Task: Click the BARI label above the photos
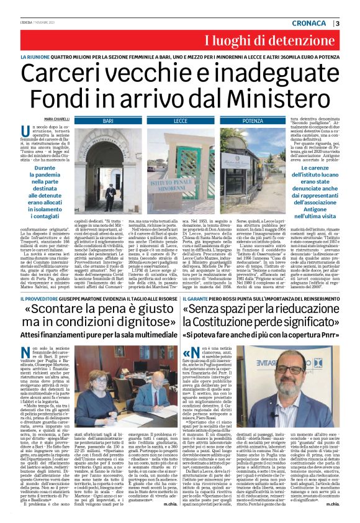coord(91,120)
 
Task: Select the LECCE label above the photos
coord(163,120)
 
